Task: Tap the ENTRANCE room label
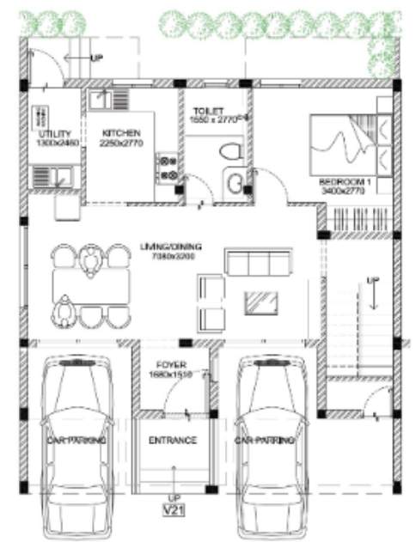(x=174, y=441)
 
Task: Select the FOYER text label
(x=172, y=364)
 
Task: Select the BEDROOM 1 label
(x=344, y=182)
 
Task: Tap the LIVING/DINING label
(x=168, y=247)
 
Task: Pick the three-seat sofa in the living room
(x=254, y=262)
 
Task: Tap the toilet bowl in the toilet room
(x=228, y=153)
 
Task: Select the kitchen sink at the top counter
(x=101, y=99)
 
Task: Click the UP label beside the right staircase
(x=372, y=281)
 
